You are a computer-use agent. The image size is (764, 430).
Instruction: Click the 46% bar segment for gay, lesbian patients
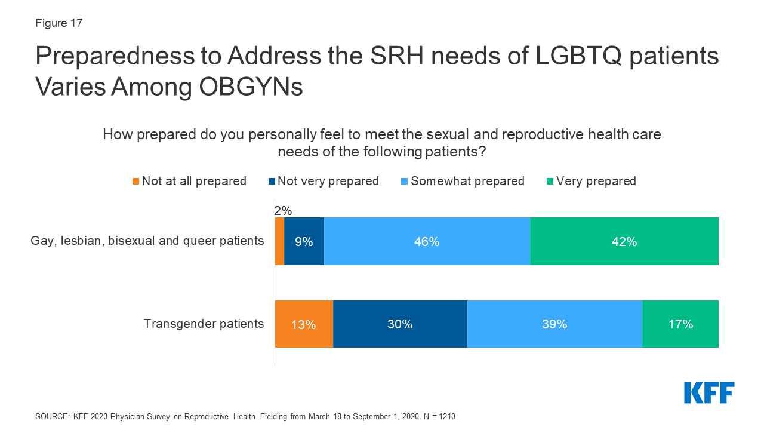[427, 241]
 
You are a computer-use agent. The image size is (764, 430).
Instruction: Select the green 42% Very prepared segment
[624, 241]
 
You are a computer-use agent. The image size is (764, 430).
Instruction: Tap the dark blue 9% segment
[304, 241]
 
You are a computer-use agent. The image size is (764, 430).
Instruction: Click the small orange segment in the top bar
[279, 241]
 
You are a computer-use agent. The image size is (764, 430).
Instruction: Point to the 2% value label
[283, 210]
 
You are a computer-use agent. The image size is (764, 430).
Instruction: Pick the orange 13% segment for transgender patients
[304, 324]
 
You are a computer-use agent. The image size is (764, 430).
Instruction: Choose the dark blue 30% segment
[400, 324]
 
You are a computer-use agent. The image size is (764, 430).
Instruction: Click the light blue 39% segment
[554, 324]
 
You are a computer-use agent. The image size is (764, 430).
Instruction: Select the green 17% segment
[680, 324]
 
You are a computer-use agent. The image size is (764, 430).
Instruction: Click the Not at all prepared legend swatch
[136, 181]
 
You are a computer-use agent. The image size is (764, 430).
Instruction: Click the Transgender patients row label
[204, 324]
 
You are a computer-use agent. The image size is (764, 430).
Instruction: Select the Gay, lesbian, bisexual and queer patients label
[147, 241]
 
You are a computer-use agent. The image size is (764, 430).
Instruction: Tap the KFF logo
[709, 392]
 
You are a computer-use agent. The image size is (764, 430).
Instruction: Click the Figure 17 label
[59, 23]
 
